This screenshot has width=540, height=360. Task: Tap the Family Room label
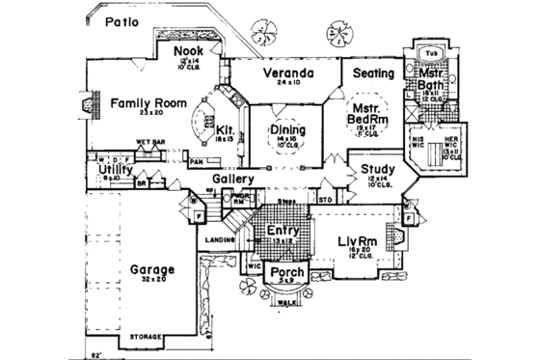point(147,101)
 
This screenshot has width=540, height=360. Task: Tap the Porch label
point(287,274)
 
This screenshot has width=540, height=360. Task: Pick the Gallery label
point(233,179)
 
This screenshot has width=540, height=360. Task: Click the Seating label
point(371,73)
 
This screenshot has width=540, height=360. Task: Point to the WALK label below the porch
point(286,302)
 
